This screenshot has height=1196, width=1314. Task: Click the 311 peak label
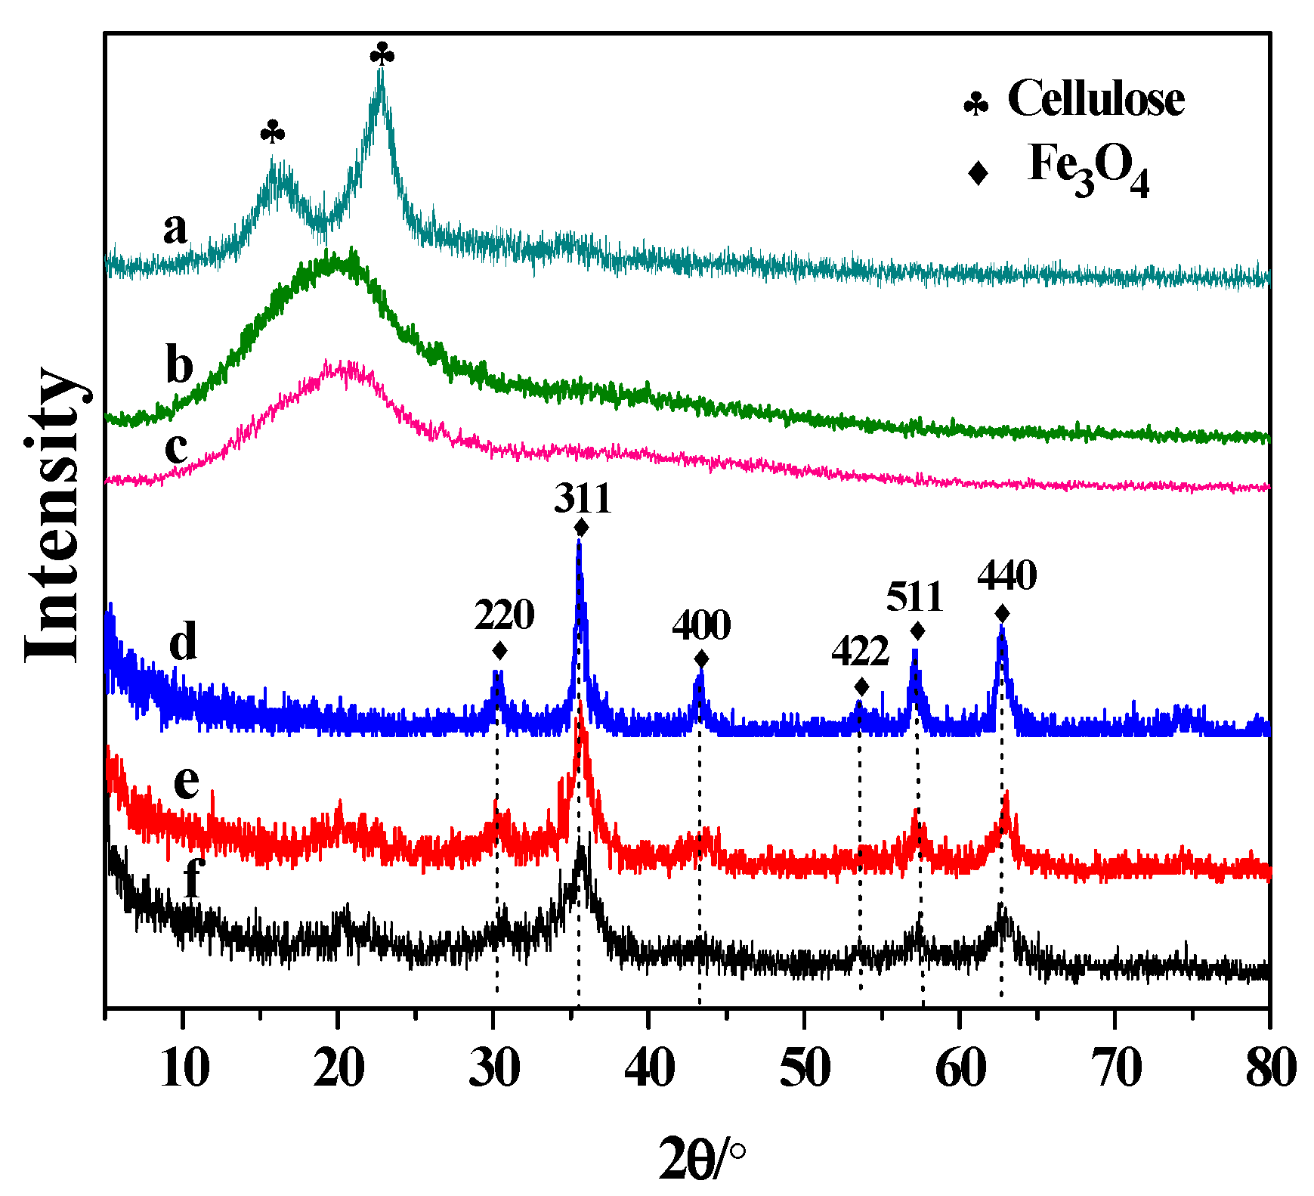[582, 499]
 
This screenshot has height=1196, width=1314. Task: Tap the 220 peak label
[504, 615]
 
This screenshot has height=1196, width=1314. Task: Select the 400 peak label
[701, 625]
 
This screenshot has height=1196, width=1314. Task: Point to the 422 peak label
[860, 651]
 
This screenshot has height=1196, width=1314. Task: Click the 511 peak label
[914, 597]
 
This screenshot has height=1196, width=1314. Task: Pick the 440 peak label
[1006, 576]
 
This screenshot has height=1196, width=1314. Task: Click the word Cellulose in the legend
[1096, 99]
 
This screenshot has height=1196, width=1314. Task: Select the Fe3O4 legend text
[1088, 168]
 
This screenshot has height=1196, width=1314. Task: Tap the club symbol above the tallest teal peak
[382, 54]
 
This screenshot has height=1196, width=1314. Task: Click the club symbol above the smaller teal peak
[273, 133]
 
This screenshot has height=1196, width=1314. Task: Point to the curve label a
[175, 228]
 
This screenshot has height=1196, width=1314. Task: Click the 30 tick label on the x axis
[494, 1069]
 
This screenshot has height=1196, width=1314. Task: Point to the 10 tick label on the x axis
[184, 1069]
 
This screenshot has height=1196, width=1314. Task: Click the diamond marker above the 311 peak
[581, 527]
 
